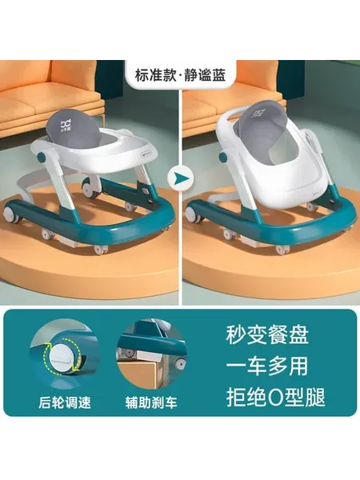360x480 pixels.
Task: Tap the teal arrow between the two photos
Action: (x=180, y=178)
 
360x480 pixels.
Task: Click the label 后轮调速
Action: (x=65, y=402)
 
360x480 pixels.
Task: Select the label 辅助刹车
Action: (x=151, y=402)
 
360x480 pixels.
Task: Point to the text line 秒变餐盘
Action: (x=267, y=334)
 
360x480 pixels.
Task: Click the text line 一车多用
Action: (x=267, y=366)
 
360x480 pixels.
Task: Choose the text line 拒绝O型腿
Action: (x=275, y=397)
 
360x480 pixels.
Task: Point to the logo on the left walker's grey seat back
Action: (x=66, y=126)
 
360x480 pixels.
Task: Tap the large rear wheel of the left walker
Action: (x=10, y=214)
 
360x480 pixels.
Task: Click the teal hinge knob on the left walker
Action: (x=42, y=158)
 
